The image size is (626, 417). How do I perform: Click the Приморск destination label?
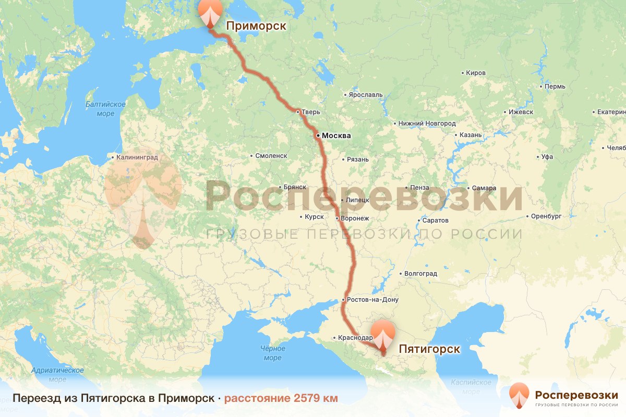256,26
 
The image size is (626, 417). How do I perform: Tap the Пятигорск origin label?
429,349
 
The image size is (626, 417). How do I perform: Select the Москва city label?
336,136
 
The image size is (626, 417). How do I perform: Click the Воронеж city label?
354,218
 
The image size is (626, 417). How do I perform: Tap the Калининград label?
137,156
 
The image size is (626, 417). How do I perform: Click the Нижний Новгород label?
427,124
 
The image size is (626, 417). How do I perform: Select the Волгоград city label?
420,273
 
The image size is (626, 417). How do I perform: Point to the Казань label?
470,135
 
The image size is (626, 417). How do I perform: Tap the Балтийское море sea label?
105,109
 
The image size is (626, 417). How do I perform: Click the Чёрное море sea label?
272,353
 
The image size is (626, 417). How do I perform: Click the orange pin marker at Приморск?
209,13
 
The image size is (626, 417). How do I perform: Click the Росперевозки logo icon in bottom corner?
519,396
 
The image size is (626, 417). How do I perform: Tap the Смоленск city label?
271,156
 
